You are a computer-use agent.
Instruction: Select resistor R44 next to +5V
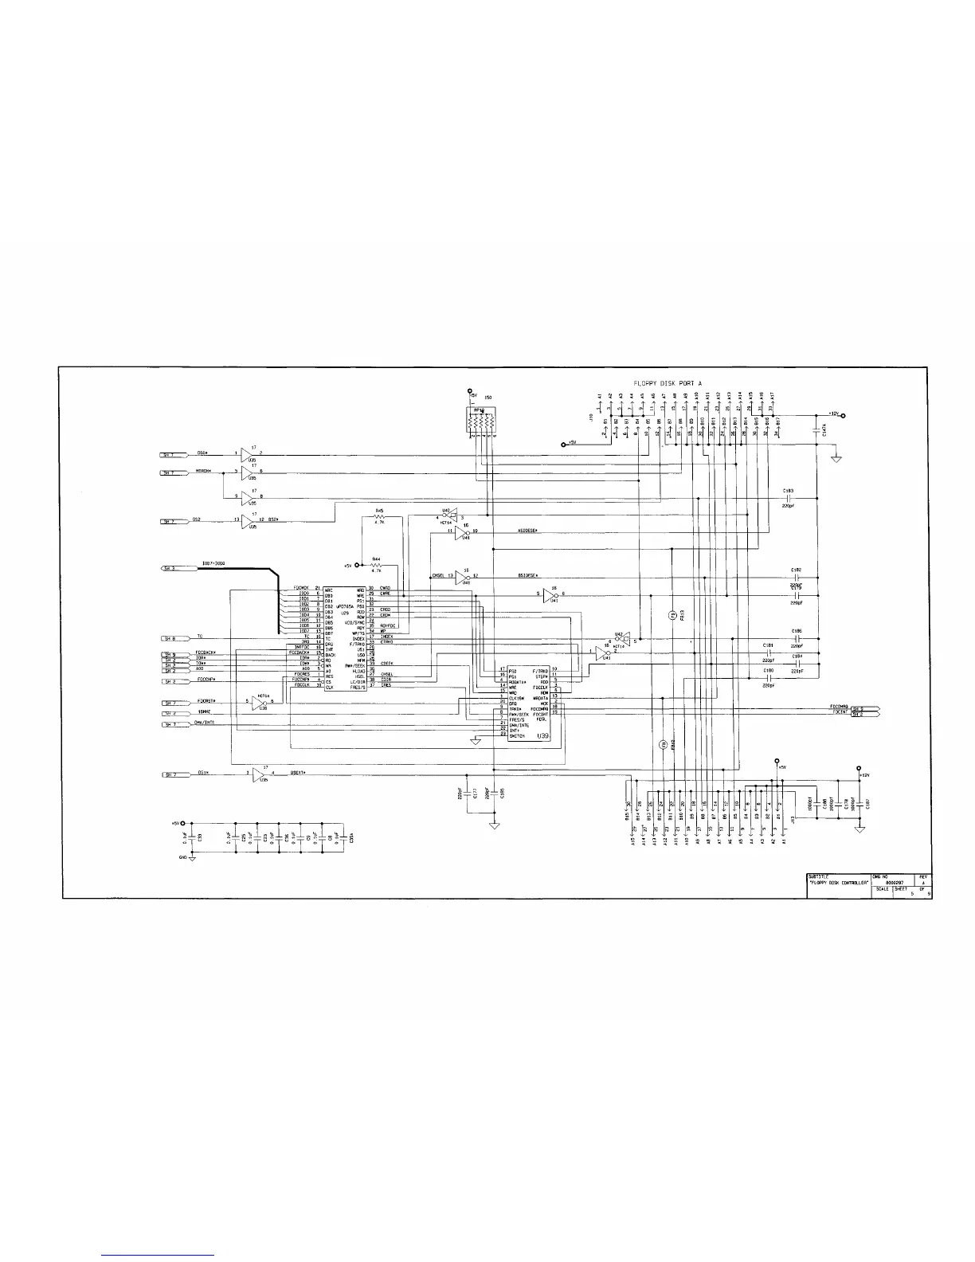click(x=377, y=564)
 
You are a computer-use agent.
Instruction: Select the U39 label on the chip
click(x=543, y=736)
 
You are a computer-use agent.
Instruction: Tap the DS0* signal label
click(x=202, y=454)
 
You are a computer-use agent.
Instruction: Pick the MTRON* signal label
click(x=204, y=472)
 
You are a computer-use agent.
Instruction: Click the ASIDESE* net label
click(x=528, y=530)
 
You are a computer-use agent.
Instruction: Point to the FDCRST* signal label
click(x=206, y=701)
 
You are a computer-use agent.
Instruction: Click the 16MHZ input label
click(x=205, y=712)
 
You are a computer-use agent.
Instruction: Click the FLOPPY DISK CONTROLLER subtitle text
click(x=838, y=882)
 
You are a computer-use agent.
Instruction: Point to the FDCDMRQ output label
click(x=838, y=706)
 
